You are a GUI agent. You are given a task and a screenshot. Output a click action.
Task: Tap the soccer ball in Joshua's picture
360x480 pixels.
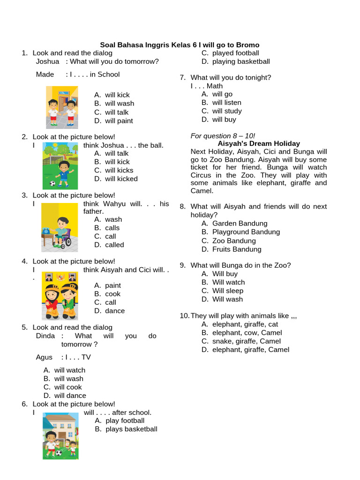52,183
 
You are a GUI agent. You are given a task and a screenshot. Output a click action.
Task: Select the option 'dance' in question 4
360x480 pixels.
115,311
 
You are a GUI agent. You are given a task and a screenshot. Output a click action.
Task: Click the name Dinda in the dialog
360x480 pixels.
45,336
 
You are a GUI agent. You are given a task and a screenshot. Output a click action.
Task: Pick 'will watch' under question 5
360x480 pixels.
69,370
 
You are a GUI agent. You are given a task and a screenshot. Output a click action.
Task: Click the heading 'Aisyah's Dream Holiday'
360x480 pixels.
259,143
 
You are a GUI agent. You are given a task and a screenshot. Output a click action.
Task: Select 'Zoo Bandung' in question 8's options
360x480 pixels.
234,241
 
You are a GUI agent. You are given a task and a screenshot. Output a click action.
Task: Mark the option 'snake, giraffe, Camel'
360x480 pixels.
246,341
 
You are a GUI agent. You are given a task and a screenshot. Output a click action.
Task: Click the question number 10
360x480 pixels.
184,316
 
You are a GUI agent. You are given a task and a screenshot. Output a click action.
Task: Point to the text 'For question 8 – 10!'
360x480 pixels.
223,136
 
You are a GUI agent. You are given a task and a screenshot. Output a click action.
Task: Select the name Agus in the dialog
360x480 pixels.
44,357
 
